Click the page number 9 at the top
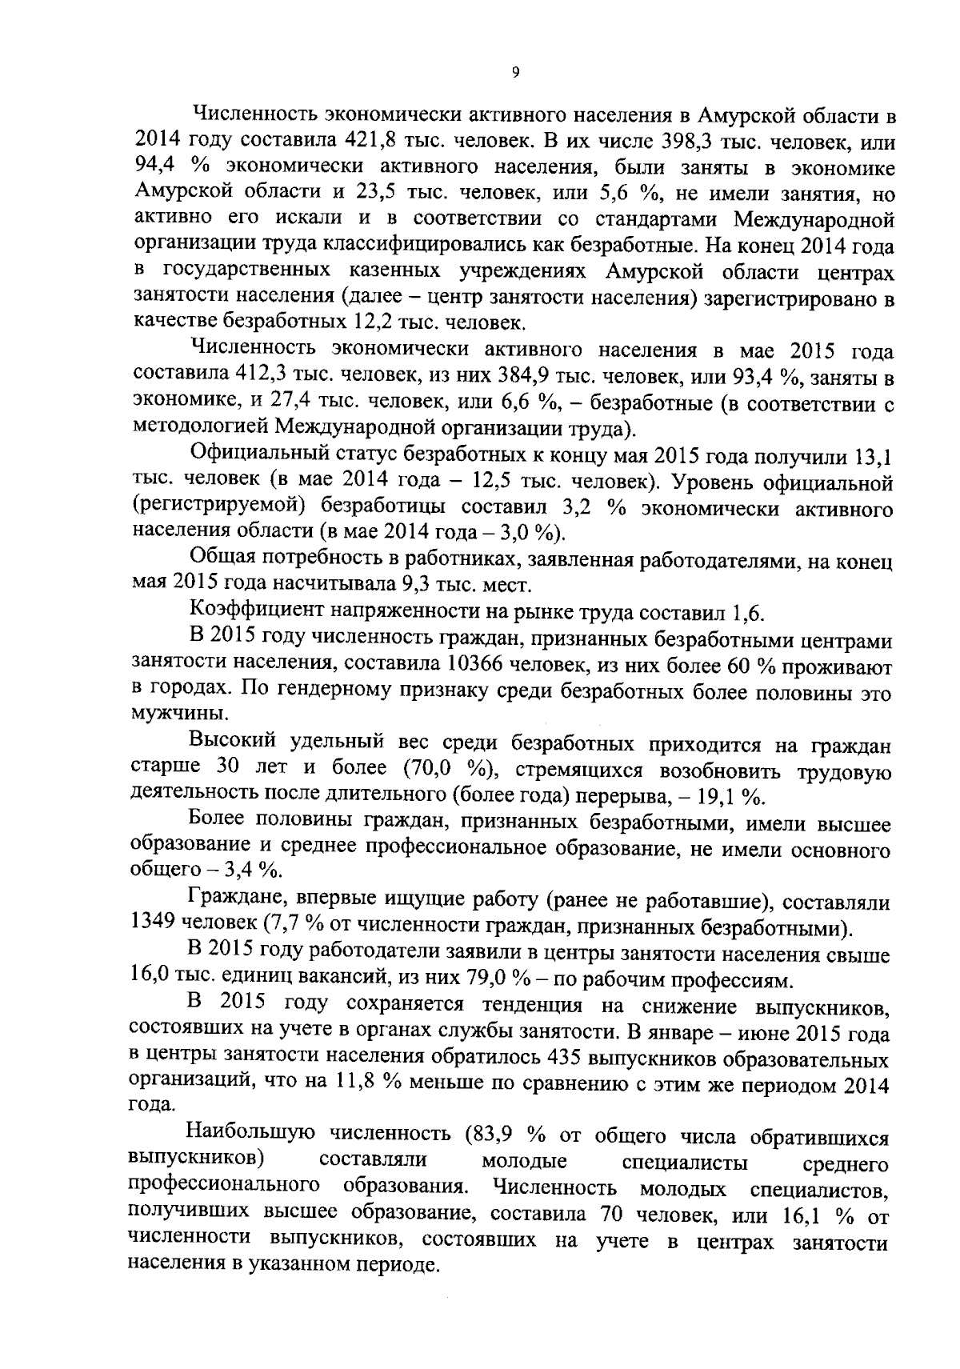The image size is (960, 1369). (515, 73)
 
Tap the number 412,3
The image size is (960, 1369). (263, 376)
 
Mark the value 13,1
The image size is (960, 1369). (873, 456)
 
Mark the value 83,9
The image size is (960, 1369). (490, 1135)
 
